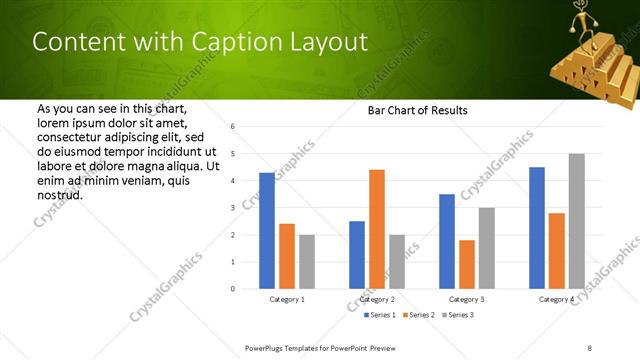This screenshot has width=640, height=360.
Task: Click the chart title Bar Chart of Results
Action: coord(412,110)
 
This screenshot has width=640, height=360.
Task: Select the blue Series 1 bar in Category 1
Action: coord(267,231)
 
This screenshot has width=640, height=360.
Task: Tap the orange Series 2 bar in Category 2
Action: coord(377,229)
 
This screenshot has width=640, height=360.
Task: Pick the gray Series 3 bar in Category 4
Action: coord(576,221)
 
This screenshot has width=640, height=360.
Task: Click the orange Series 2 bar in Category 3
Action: coord(467,264)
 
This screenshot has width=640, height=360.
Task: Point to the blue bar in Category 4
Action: coord(537,228)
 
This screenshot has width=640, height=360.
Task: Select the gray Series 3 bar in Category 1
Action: coord(306,262)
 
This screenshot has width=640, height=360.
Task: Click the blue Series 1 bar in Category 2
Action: coord(357,255)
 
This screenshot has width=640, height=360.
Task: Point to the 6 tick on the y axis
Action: coord(232,127)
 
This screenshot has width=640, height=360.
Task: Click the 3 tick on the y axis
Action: coord(232,208)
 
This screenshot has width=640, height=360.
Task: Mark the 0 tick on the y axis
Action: coord(232,289)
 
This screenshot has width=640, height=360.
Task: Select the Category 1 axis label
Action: coord(287,299)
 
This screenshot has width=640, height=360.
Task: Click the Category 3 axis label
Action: coord(467,299)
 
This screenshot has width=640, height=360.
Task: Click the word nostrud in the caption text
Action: coord(59,194)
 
